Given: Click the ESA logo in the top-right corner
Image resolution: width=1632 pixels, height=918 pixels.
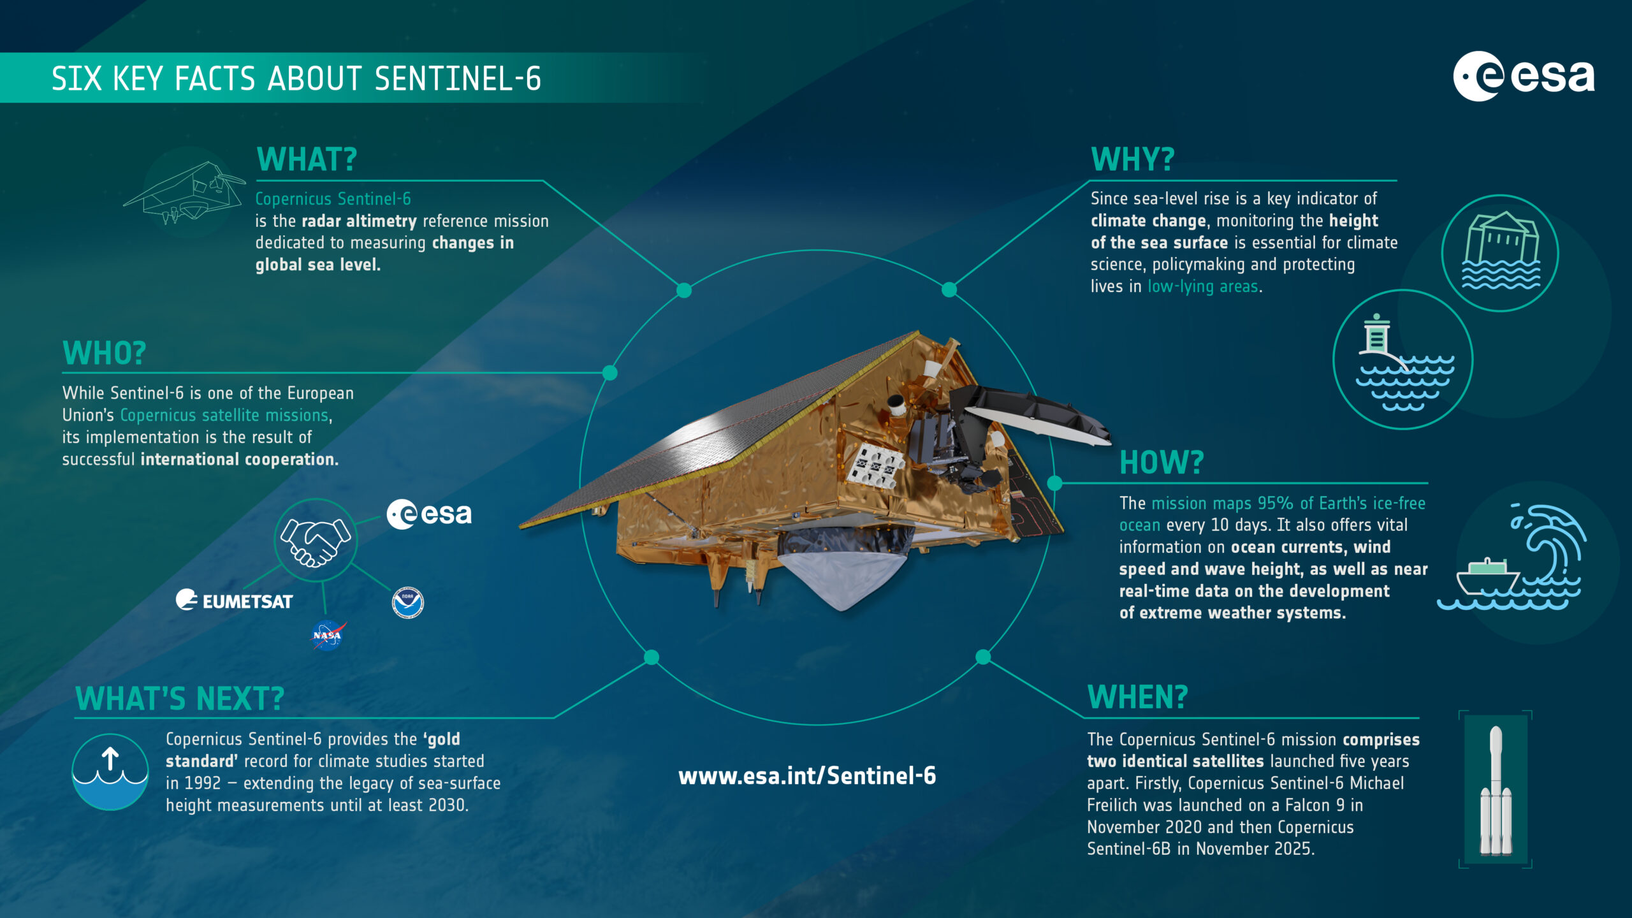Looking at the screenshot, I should click(1524, 76).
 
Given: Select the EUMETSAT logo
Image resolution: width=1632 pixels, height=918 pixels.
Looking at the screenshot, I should click(235, 601).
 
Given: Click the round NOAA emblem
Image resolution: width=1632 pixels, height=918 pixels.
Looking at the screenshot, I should click(408, 602).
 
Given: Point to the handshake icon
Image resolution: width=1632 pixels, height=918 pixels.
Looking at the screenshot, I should click(316, 541).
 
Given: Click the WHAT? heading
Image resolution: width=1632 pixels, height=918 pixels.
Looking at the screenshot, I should click(307, 159).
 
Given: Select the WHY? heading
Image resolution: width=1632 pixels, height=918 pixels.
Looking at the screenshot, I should click(1132, 159).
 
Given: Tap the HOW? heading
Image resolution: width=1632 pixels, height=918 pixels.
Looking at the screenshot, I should click(1162, 462).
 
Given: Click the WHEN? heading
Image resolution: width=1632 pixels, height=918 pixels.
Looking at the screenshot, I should click(1137, 697).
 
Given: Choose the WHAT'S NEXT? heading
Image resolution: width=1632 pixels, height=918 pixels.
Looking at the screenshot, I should click(180, 699).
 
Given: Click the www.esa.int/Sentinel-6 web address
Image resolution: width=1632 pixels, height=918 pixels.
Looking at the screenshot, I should click(807, 776).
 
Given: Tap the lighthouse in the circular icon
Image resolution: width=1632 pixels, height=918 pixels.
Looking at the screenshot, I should click(1377, 338).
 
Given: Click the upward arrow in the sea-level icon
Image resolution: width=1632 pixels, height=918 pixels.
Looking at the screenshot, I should click(110, 759).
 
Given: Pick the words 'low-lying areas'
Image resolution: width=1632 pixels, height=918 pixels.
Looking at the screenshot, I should click(1202, 287).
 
